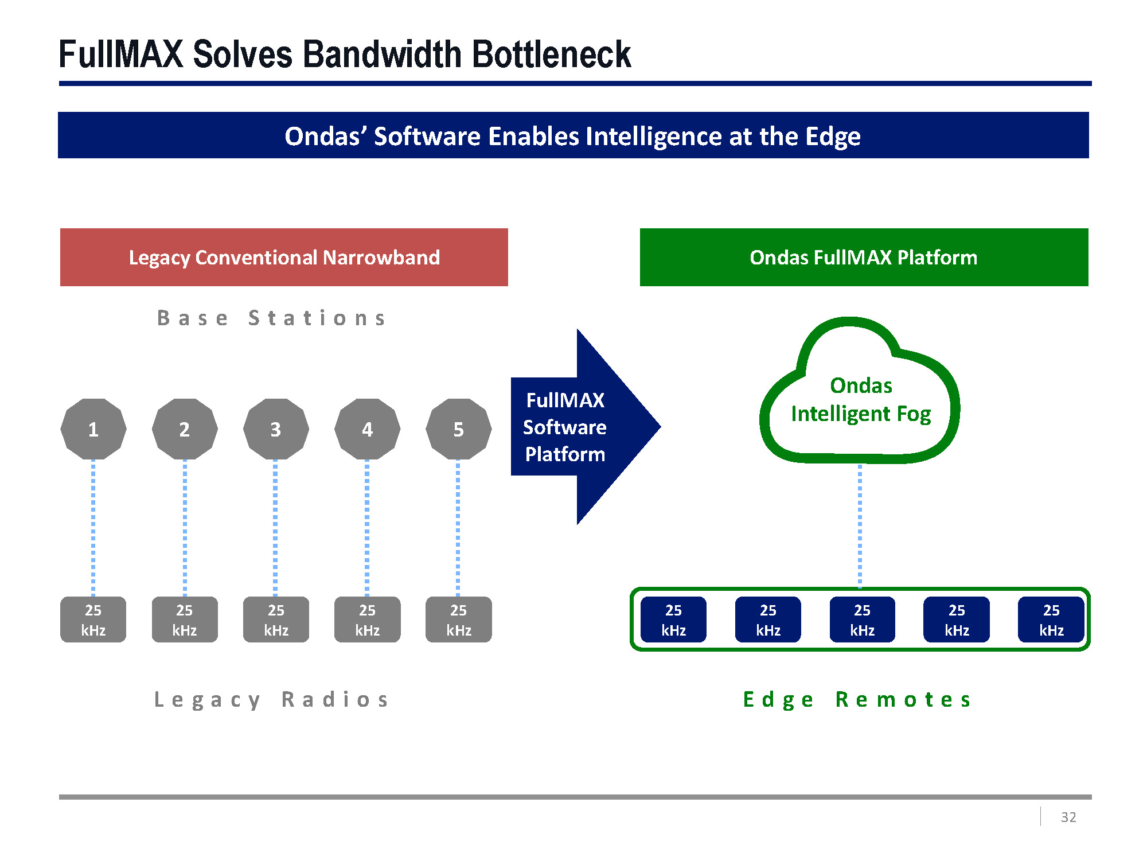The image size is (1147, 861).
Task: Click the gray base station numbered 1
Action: pos(93,429)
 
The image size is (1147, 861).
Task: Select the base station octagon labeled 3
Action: pos(276,429)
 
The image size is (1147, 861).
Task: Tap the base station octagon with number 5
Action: pos(459,429)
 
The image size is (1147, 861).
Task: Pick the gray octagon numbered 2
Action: pos(185,429)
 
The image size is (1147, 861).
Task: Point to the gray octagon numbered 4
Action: pos(367,429)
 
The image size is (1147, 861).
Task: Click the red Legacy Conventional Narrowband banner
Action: pos(284,258)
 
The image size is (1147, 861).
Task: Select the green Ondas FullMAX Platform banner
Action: pos(864,258)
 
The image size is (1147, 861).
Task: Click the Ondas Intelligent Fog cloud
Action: pos(860,400)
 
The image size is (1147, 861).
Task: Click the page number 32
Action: pos(1068,817)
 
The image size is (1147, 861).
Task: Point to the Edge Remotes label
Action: pos(857,700)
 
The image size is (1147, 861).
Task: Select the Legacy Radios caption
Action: pos(272,700)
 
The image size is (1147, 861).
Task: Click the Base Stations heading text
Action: pos(272,318)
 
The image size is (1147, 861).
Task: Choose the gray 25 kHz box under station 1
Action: pos(93,620)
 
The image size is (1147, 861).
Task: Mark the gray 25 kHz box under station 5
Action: pos(459,620)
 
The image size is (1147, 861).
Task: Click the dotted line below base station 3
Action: pos(276,528)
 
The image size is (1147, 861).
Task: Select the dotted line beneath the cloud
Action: pos(860,525)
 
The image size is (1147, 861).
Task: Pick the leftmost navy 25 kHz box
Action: pos(673,620)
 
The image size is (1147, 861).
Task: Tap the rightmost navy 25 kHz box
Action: pos(1051,620)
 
